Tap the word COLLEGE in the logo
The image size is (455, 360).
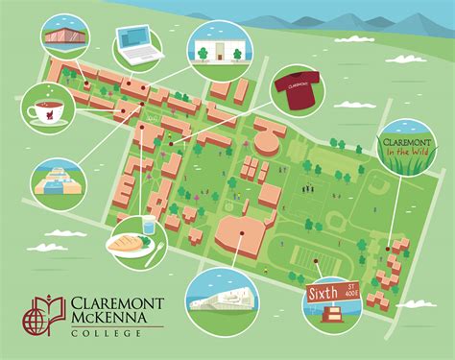(x=100, y=332)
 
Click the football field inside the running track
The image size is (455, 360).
(x=307, y=257)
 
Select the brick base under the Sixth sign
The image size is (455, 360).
(x=333, y=314)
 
